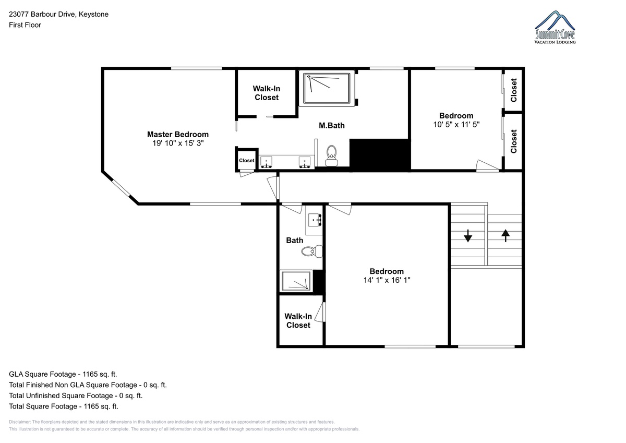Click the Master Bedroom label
coord(178,134)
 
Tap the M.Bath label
coord(331,126)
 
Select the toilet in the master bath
coord(331,155)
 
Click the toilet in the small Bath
coord(312,252)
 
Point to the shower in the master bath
coord(327,88)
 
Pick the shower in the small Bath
coord(296,281)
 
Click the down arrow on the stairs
coord(468,236)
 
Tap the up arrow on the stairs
coord(505,236)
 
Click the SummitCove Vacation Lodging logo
coord(555,27)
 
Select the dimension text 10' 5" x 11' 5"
coord(456,124)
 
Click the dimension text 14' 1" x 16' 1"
coord(387,280)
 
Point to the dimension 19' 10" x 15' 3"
coord(178,143)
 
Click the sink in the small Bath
coord(315,220)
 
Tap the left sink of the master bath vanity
coord(267,162)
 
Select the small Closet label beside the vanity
coord(246,160)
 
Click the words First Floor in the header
coord(25,25)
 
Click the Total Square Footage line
coord(64,406)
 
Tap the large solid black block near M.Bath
coord(380,154)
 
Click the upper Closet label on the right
coord(514,90)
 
